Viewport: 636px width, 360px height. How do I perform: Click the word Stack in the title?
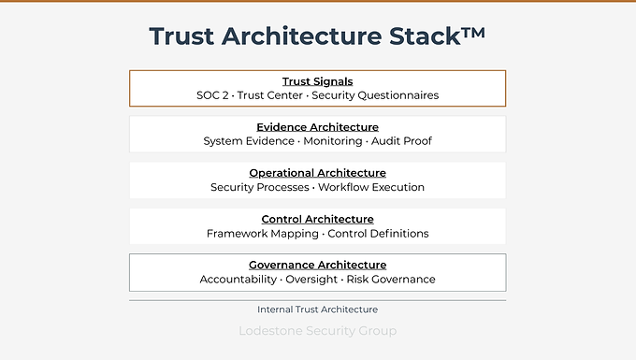[425, 36]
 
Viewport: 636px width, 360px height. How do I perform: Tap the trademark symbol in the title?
[473, 33]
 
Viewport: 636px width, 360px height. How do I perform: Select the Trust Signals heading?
[318, 81]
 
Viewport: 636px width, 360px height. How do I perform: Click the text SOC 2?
[212, 95]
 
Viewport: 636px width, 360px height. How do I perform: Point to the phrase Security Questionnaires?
[375, 95]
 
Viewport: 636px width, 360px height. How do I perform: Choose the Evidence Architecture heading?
[318, 127]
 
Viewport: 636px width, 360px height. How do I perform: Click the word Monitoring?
[333, 141]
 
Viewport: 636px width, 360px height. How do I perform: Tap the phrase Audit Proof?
[401, 141]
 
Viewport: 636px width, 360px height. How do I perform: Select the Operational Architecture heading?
[318, 173]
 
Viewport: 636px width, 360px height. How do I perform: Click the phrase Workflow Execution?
[371, 187]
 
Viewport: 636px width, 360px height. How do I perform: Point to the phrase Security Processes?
[260, 187]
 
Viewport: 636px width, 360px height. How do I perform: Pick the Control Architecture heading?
[318, 220]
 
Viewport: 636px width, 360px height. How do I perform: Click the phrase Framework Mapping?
[263, 234]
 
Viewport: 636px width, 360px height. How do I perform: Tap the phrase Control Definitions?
[378, 234]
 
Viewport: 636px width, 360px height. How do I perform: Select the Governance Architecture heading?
[318, 266]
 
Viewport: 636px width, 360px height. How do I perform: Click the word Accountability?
[238, 280]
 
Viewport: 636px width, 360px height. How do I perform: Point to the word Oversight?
[311, 280]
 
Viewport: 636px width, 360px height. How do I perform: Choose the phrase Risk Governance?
[391, 280]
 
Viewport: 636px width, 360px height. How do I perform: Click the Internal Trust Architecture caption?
[318, 310]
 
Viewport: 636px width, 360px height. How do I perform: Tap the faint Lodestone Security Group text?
[318, 331]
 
